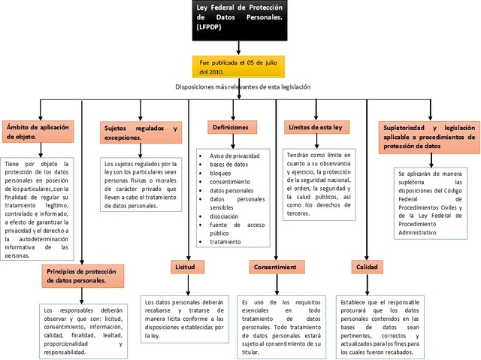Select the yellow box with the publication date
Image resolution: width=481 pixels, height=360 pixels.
239,65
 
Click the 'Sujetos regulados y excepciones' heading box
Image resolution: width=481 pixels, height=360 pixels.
141,134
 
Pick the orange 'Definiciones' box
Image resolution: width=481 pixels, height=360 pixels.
231,128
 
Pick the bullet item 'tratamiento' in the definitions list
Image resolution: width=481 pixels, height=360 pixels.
225,242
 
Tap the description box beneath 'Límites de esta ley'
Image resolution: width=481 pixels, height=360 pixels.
318,183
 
